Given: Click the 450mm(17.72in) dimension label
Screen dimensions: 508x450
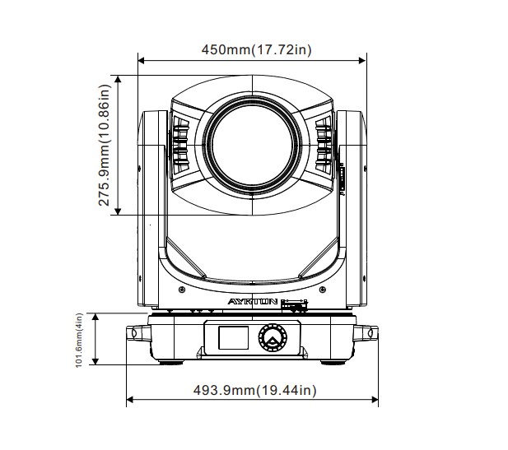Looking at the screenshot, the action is [256, 50].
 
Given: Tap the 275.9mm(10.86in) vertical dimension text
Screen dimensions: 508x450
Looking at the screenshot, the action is [105, 145].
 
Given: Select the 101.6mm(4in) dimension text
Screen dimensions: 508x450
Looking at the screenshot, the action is [79, 340].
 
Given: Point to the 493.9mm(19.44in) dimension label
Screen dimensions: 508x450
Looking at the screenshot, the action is [254, 390].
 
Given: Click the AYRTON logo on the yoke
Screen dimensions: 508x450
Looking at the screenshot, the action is [253, 302].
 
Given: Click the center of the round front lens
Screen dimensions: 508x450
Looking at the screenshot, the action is [253, 146].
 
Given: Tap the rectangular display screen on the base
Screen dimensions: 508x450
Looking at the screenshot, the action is [233, 337].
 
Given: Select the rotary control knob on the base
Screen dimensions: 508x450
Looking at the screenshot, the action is [273, 337].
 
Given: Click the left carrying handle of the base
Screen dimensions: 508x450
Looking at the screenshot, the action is [138, 333].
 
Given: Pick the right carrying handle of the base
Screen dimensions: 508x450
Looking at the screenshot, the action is [366, 333].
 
